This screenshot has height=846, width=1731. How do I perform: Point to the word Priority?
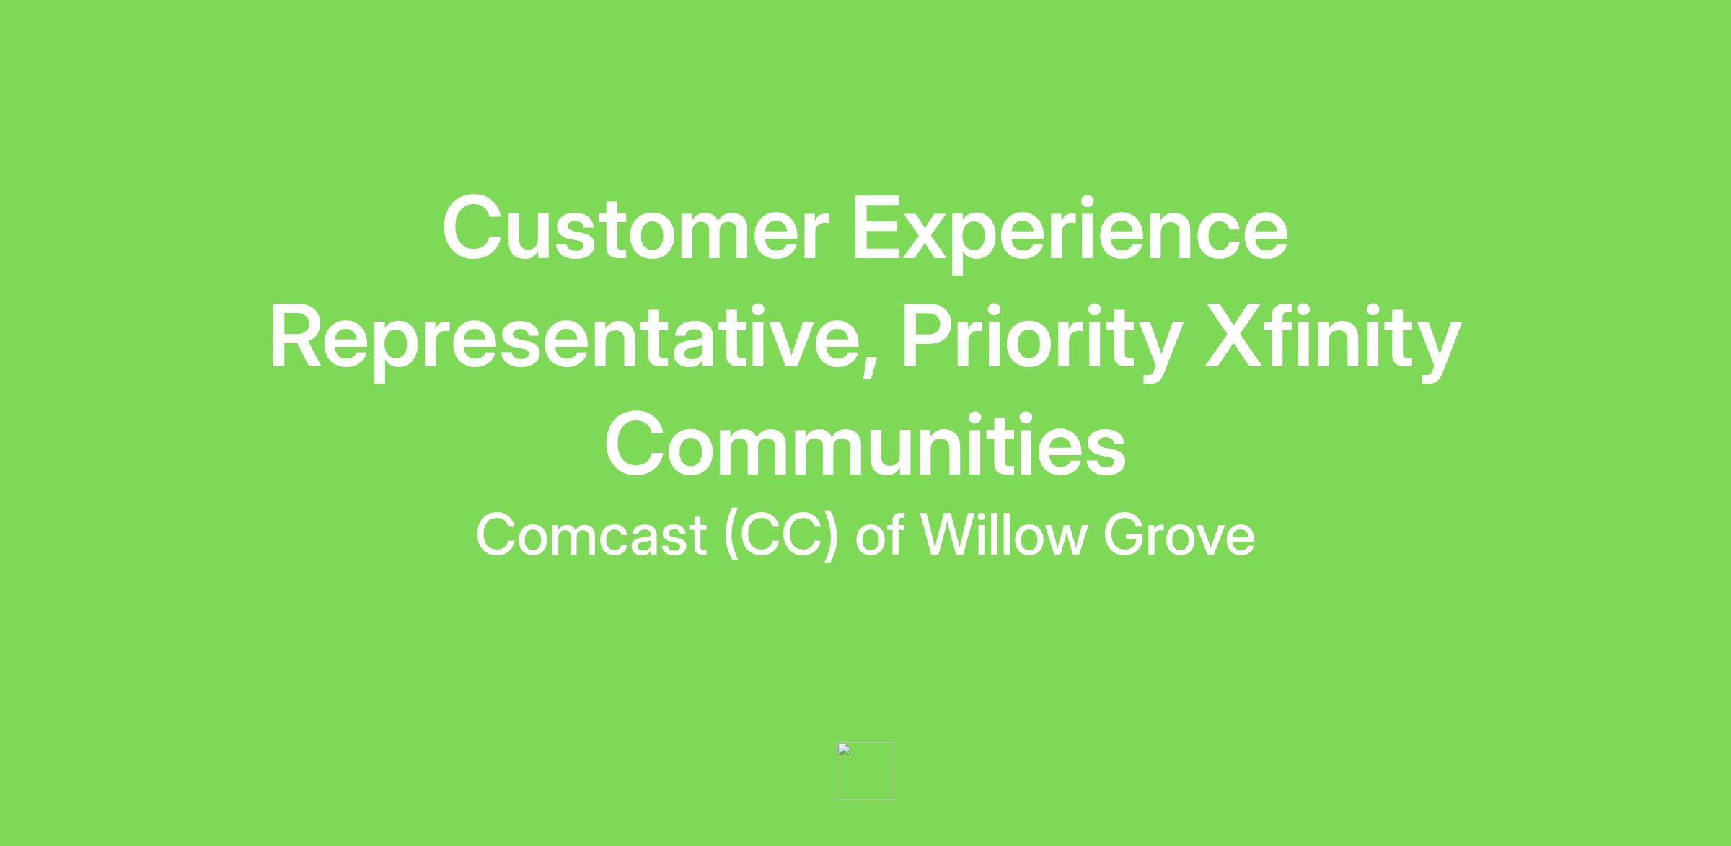point(1041,341)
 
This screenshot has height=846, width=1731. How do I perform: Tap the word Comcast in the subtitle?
point(591,534)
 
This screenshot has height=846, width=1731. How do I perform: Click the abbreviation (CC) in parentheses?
point(782,536)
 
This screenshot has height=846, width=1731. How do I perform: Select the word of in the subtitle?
point(879,534)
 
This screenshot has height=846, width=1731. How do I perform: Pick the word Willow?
point(1004,534)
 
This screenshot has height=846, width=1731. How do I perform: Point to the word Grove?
point(1179,534)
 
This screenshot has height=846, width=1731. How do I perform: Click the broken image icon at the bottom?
point(865,771)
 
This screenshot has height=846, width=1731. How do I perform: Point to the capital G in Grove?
point(1124,534)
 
